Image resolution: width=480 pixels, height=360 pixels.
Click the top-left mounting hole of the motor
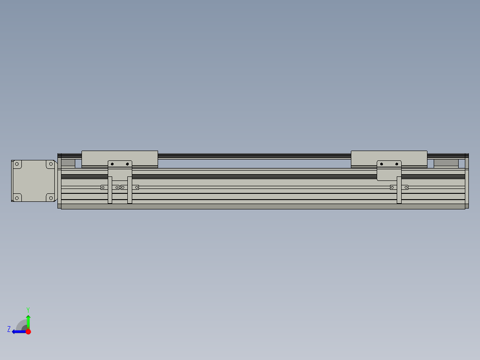click(x=17, y=164)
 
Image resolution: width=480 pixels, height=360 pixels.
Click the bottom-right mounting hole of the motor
click(x=50, y=197)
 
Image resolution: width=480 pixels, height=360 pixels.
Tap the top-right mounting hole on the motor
click(x=50, y=164)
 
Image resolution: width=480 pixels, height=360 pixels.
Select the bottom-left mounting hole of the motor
click(x=17, y=197)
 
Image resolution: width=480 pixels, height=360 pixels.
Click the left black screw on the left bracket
click(x=113, y=164)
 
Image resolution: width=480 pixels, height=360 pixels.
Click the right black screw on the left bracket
click(x=127, y=164)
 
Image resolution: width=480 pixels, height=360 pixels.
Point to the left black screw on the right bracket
click(x=382, y=164)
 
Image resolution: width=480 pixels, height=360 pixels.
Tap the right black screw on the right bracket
click(x=396, y=164)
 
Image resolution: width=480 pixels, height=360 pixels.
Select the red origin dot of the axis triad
click(x=28, y=331)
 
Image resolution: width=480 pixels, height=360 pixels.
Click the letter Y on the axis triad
click(x=28, y=309)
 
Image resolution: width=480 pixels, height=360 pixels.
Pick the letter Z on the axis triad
click(x=9, y=329)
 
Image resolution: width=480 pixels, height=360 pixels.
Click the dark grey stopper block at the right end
click(x=446, y=163)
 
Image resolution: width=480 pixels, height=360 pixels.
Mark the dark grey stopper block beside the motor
click(x=68, y=163)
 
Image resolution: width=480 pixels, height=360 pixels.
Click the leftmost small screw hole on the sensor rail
click(x=103, y=187)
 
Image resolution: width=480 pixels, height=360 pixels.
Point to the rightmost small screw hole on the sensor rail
click(x=406, y=187)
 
